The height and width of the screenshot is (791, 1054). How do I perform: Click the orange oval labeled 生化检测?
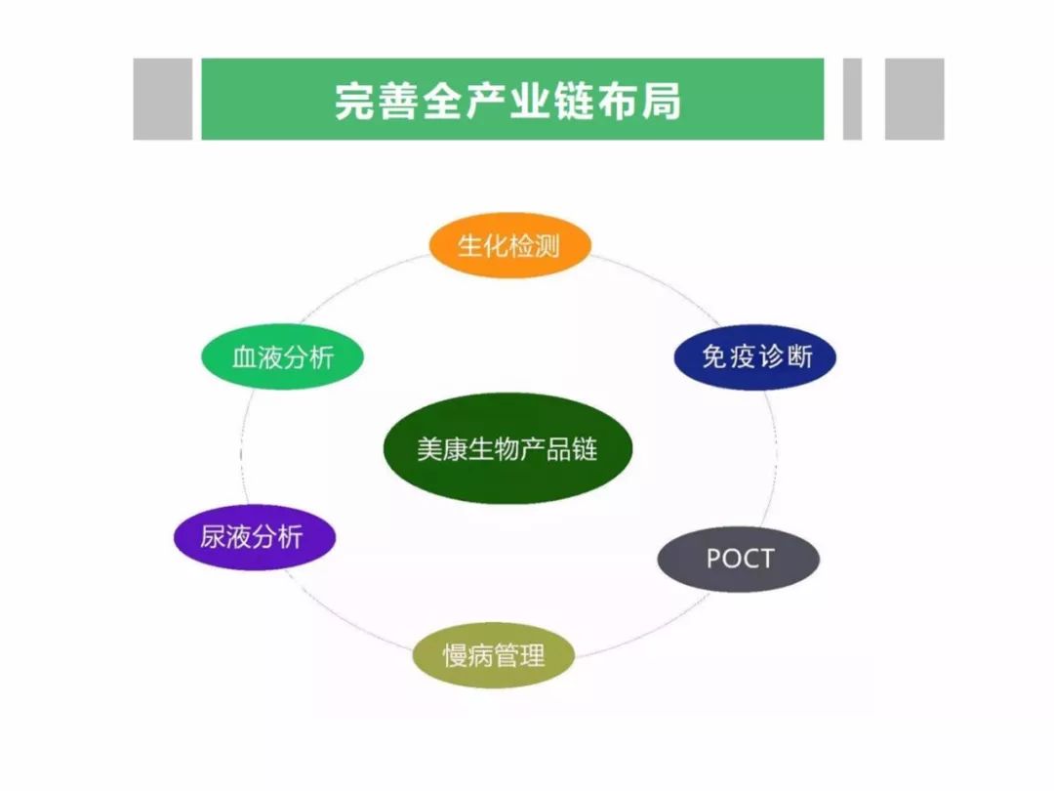click(x=510, y=245)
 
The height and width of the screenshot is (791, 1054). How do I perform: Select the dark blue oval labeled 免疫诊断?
click(x=754, y=356)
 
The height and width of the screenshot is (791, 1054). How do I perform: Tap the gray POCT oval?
click(x=739, y=559)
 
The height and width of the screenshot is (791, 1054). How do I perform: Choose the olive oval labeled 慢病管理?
click(x=494, y=655)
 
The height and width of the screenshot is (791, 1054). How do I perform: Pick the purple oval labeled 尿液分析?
click(x=255, y=537)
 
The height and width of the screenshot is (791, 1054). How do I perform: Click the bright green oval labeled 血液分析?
click(x=282, y=356)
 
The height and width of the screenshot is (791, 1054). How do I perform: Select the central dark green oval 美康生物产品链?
click(x=508, y=448)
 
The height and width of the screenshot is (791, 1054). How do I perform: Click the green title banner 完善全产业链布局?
click(x=513, y=100)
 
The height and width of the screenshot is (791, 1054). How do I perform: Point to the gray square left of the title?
click(x=163, y=100)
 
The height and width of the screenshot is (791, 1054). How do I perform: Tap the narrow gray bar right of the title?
click(x=852, y=100)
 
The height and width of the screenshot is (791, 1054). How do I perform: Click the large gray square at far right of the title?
click(x=914, y=100)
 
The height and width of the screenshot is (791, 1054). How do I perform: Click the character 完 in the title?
click(x=355, y=101)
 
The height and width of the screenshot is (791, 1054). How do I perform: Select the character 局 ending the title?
click(x=662, y=101)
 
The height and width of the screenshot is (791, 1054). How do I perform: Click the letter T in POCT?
click(x=766, y=559)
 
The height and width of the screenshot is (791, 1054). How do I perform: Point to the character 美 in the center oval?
click(x=429, y=449)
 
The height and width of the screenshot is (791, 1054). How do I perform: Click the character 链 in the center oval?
click(x=585, y=449)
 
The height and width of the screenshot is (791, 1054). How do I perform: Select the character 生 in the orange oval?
click(x=469, y=246)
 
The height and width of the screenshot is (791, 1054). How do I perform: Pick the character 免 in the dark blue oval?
click(x=714, y=357)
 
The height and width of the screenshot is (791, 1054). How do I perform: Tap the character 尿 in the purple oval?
click(x=213, y=537)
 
